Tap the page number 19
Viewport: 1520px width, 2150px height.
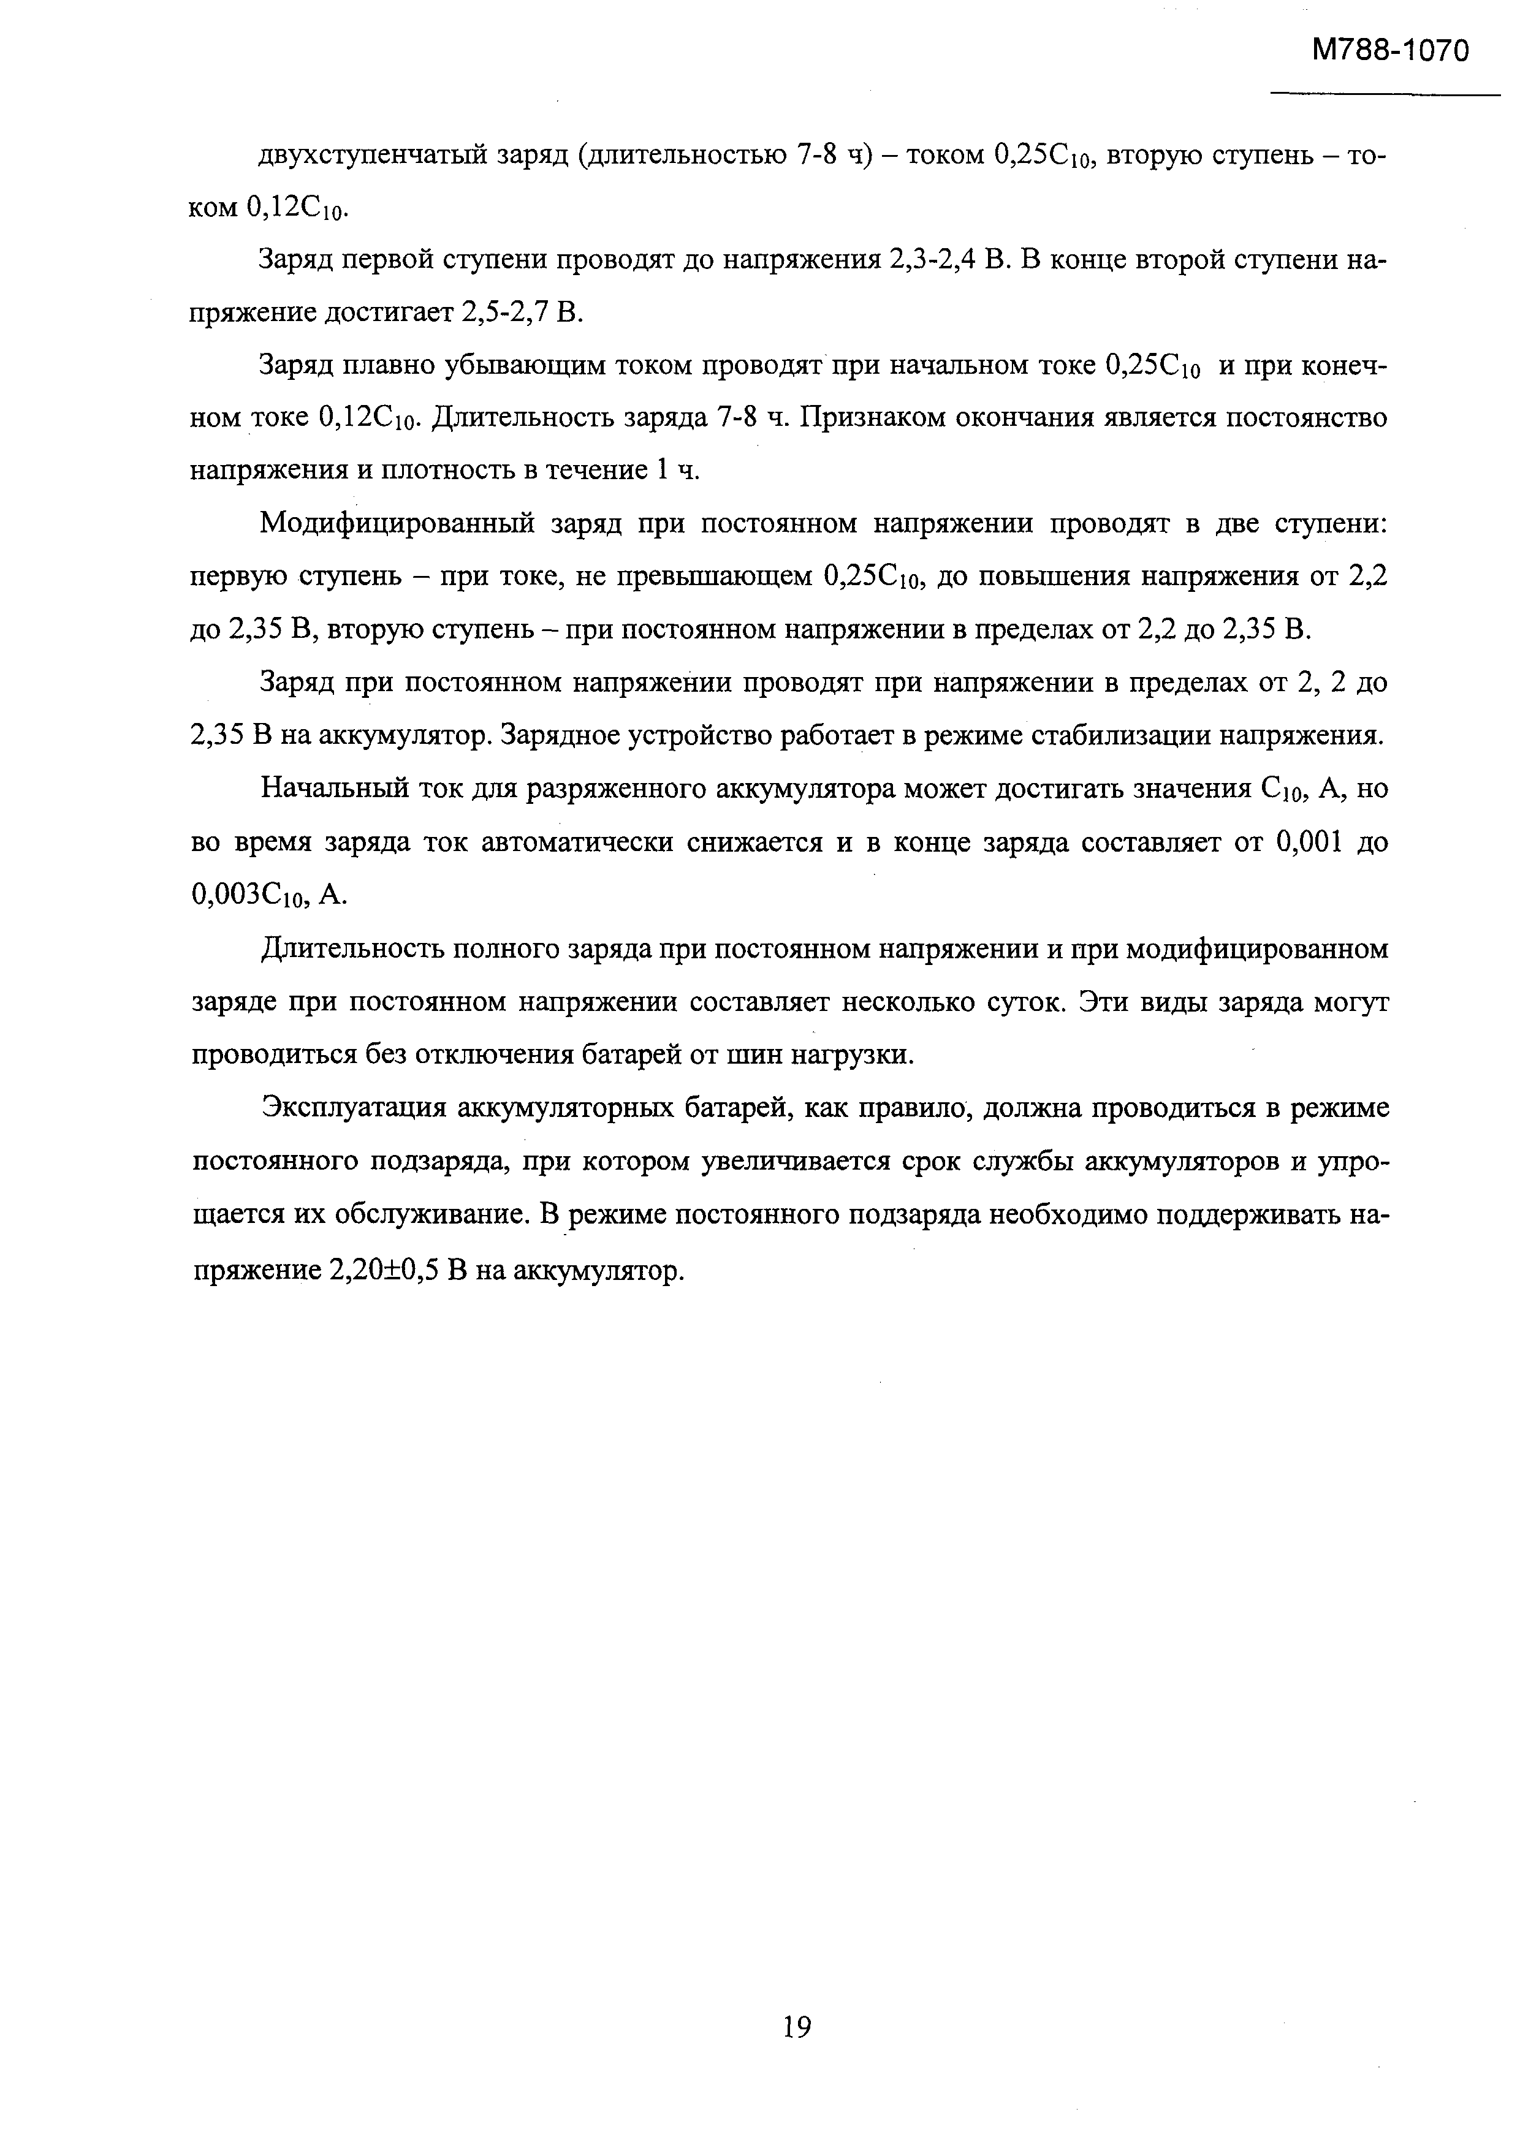pos(796,2027)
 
